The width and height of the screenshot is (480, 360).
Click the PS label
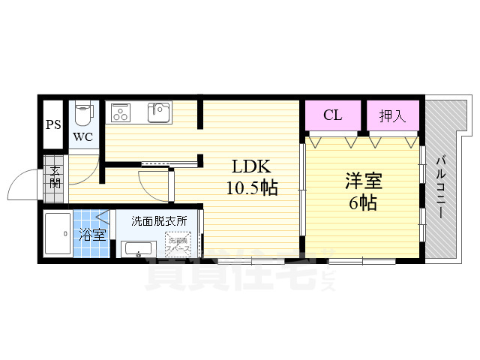52,125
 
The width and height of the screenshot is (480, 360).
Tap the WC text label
82,137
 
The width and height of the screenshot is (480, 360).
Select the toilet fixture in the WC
83,114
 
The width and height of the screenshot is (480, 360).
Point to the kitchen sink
159,112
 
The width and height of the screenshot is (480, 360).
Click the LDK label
250,166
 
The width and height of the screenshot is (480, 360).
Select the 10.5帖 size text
252,187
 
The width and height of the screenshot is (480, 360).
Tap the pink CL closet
333,115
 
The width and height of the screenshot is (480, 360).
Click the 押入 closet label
392,115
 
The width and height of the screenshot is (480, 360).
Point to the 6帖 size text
362,202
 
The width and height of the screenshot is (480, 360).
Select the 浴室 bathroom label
94,235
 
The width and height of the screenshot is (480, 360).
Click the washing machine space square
179,243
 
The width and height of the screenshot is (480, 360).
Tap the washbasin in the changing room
139,249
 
